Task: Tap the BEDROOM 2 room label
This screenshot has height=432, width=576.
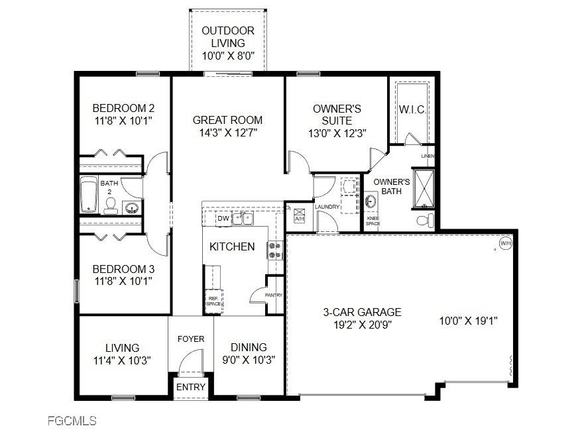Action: coord(123,108)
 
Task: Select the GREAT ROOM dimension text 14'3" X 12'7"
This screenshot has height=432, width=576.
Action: coord(227,133)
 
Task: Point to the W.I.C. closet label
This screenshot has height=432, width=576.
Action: coord(412,109)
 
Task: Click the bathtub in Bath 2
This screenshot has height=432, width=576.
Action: coord(89,194)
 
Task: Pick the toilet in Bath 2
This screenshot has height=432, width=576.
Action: coord(110,206)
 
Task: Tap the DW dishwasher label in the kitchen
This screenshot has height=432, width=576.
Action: coord(223,218)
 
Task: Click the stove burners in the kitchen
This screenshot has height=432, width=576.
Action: coord(274,250)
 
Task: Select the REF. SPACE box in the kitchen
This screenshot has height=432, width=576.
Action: coord(213,301)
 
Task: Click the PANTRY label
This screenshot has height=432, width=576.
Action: coord(274,295)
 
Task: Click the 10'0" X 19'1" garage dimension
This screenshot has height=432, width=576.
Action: coord(468,321)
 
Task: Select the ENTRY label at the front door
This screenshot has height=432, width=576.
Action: coord(191,387)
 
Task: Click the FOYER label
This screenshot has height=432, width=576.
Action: coord(191,339)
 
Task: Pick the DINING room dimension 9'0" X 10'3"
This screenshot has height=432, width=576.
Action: coord(249,360)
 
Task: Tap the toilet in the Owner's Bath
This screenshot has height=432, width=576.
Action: coord(424,219)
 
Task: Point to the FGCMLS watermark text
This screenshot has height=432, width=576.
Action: coord(72,421)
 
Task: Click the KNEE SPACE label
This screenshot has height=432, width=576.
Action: coord(373,221)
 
